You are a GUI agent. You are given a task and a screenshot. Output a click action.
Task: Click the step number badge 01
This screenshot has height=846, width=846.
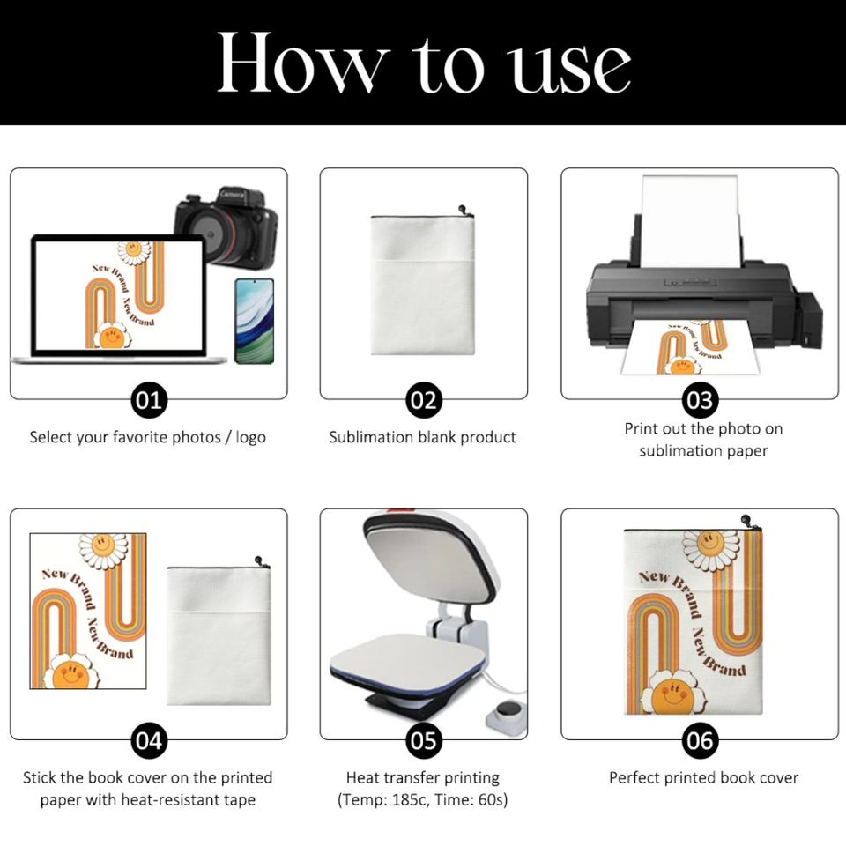point(149,400)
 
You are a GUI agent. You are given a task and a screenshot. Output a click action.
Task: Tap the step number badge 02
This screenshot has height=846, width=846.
point(424,400)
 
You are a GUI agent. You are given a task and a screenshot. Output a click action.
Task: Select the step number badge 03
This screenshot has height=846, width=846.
point(700,400)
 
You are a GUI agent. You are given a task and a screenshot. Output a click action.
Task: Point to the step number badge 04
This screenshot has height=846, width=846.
point(149,741)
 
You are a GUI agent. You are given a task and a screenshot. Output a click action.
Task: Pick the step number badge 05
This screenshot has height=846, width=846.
point(424,741)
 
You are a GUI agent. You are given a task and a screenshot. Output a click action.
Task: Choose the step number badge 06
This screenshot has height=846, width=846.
point(700,741)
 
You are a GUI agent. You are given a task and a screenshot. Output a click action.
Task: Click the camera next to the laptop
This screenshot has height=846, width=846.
point(226,226)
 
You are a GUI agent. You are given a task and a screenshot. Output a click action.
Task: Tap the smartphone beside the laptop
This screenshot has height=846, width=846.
point(255,321)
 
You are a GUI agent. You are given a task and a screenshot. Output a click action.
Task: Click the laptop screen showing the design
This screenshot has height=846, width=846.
point(119,295)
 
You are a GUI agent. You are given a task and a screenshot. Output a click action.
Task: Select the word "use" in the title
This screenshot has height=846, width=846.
point(571,69)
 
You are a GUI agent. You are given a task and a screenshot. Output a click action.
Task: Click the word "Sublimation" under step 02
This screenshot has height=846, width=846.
point(371,437)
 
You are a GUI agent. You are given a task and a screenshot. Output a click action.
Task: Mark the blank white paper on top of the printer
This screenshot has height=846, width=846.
point(691,221)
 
